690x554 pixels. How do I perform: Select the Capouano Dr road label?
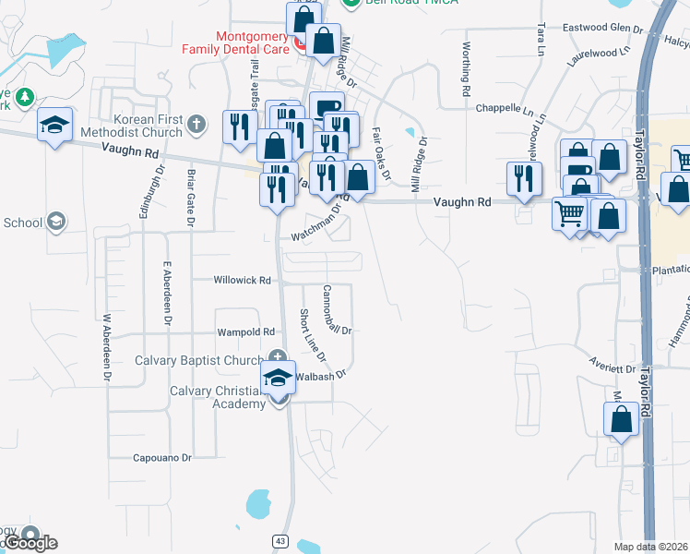(161, 457)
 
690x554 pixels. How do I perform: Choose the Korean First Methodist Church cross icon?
(196, 124)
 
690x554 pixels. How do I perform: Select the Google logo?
(30, 542)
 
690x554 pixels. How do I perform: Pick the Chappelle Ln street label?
(505, 108)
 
